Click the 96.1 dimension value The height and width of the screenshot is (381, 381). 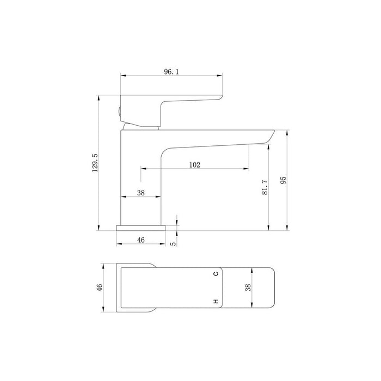click(x=171, y=71)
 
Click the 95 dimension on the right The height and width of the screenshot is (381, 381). click(x=283, y=181)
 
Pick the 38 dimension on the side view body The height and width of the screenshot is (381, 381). click(x=140, y=192)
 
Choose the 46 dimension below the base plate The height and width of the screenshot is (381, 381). click(x=140, y=239)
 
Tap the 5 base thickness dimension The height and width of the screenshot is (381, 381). click(x=173, y=243)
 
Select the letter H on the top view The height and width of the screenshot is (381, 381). click(x=216, y=301)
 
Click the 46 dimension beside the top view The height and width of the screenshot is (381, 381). click(x=100, y=287)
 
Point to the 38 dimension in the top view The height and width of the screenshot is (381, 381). click(x=249, y=287)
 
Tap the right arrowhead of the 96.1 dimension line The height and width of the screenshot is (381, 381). click(x=222, y=76)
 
